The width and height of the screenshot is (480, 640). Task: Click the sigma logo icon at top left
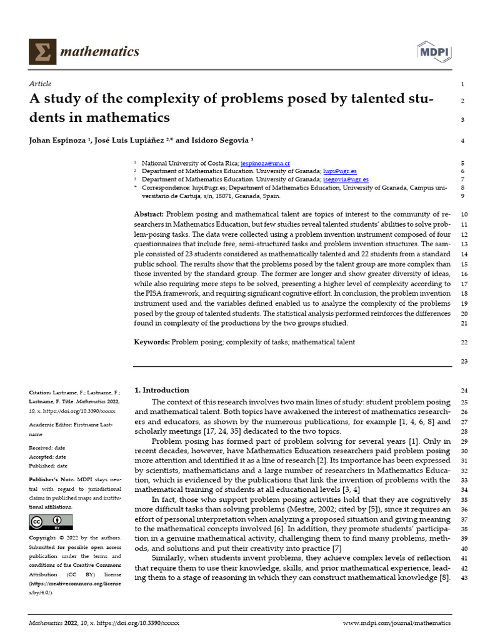[42, 51]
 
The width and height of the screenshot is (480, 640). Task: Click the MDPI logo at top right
[433, 51]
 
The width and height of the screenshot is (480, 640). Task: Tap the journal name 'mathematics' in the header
[99, 51]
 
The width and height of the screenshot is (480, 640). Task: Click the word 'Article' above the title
[41, 84]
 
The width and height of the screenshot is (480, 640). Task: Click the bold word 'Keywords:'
[152, 342]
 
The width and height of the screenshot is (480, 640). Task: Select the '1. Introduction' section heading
[161, 390]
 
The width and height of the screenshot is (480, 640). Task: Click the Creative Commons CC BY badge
[46, 522]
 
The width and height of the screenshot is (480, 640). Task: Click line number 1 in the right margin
[462, 84]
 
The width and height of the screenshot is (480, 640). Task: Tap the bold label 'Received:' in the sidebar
[42, 448]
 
